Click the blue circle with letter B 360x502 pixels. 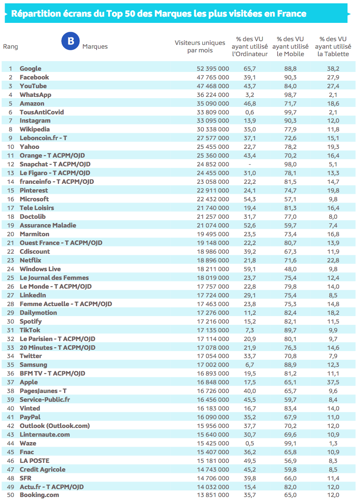[70, 41]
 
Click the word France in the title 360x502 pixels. [290, 14]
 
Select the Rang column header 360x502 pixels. [10, 47]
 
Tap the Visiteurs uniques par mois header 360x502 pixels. [200, 47]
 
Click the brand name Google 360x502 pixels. [30, 69]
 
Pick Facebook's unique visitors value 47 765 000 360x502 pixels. [213, 77]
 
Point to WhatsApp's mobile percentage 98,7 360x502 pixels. [290, 95]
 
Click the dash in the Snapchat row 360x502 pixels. [250, 164]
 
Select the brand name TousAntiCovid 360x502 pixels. [42, 112]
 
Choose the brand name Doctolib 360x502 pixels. [32, 217]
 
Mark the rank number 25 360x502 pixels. [10, 278]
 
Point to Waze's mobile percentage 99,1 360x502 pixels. [290, 443]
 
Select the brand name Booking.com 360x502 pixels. [39, 495]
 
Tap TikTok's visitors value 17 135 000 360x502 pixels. [213, 330]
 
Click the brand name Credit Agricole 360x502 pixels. [42, 470]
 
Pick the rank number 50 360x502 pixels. [10, 495]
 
